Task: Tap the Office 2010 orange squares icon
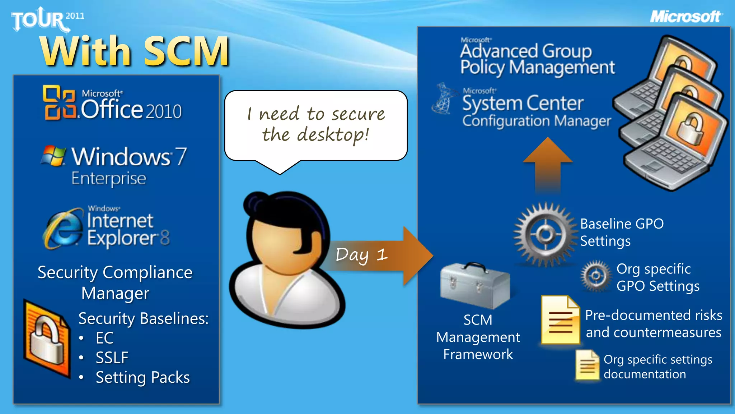(60, 102)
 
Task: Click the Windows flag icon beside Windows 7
(54, 156)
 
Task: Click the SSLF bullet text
(112, 358)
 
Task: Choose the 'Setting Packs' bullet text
(142, 377)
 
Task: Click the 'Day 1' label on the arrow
(361, 255)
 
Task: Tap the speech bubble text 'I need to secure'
(316, 114)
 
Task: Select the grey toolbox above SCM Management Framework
(475, 286)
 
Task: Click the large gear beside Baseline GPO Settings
(545, 235)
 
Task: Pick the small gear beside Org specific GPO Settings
(596, 276)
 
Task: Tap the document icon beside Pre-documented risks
(560, 319)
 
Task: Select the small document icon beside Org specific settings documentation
(587, 365)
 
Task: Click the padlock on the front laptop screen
(689, 129)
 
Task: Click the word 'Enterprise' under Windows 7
(109, 178)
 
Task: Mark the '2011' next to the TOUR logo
(75, 16)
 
